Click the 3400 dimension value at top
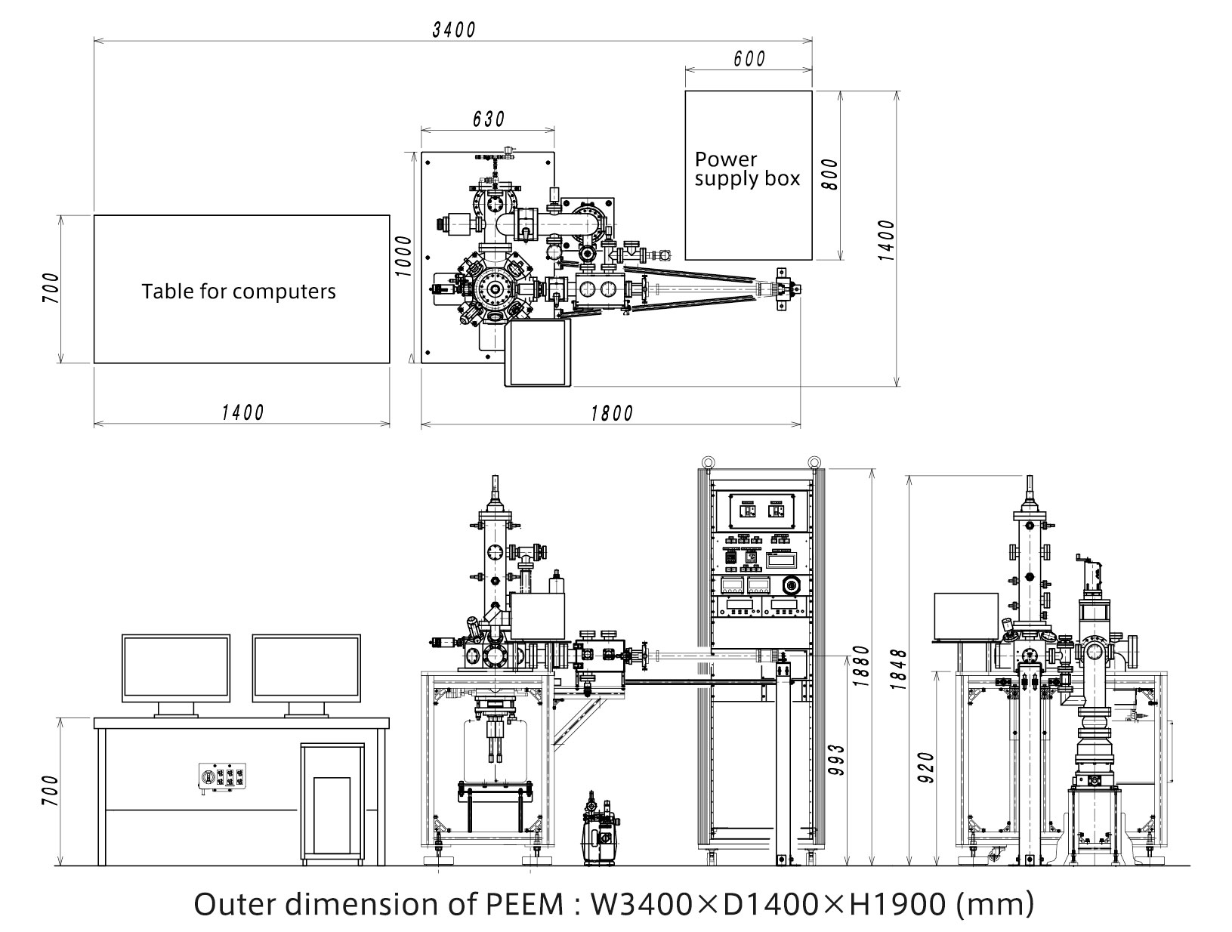click(454, 29)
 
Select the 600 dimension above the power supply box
click(749, 58)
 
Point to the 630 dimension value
click(488, 119)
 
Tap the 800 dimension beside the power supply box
click(830, 174)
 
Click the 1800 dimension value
click(612, 414)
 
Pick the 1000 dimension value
click(403, 256)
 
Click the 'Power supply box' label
click(747, 169)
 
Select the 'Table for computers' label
click(239, 292)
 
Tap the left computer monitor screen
click(176, 668)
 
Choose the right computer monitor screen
click(307, 668)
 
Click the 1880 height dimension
click(860, 666)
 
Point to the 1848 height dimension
click(898, 669)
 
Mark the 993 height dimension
click(836, 760)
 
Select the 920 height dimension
click(927, 767)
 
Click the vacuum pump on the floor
click(601, 829)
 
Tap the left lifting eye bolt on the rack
click(706, 462)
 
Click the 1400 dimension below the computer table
click(242, 413)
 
